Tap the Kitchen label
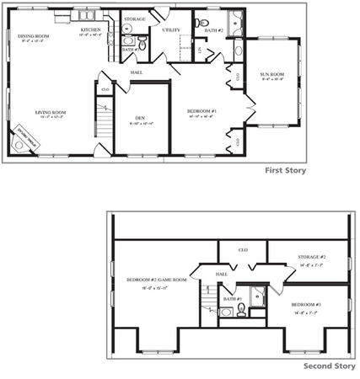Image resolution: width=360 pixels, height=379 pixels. pyautogui.click(x=91, y=30)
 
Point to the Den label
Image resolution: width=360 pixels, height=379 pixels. pyautogui.click(x=142, y=118)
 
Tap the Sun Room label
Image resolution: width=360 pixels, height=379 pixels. pyautogui.click(x=271, y=74)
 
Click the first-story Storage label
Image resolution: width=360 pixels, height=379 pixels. pyautogui.click(x=134, y=19)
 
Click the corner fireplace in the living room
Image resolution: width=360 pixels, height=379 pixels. pyautogui.click(x=24, y=141)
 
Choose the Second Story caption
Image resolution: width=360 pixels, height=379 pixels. pyautogui.click(x=328, y=366)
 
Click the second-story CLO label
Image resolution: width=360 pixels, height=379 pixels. pyautogui.click(x=243, y=250)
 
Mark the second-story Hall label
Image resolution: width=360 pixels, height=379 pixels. pyautogui.click(x=222, y=274)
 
